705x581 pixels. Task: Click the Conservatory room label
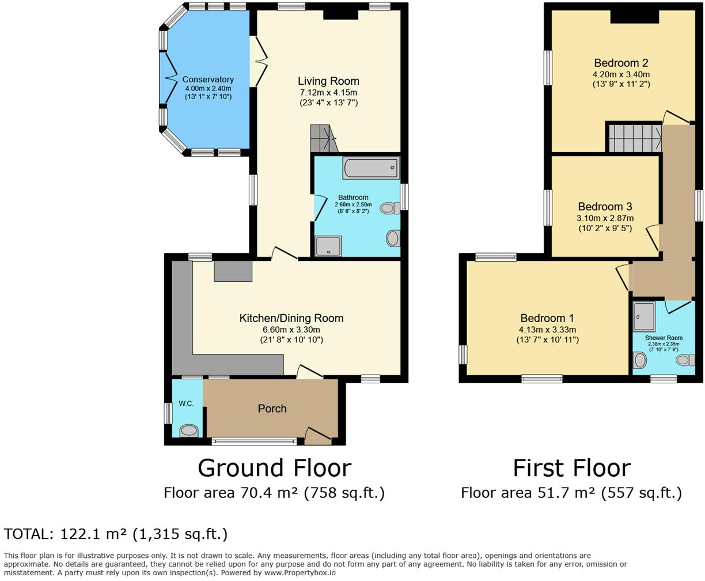[x=208, y=80]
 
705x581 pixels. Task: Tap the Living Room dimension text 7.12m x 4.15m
[x=328, y=92]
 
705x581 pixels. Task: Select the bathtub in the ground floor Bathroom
[x=370, y=168]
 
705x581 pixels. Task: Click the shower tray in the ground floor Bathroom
[x=328, y=246]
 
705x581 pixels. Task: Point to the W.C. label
[x=185, y=403]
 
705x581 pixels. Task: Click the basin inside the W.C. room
[x=188, y=430]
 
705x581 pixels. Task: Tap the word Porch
[x=272, y=408]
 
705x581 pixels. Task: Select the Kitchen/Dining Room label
[x=291, y=318]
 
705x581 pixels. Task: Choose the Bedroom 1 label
[x=547, y=318]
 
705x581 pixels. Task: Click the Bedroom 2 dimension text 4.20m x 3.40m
[x=621, y=74]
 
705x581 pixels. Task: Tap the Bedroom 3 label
[x=605, y=206]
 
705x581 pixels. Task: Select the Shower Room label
[x=664, y=338]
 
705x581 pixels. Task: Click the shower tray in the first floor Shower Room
[x=640, y=315]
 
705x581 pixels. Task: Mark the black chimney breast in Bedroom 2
[x=634, y=17]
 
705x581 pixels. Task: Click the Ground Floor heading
[x=274, y=467]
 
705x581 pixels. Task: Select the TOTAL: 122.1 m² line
[x=116, y=534]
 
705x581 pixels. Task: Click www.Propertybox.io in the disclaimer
[x=300, y=573]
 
